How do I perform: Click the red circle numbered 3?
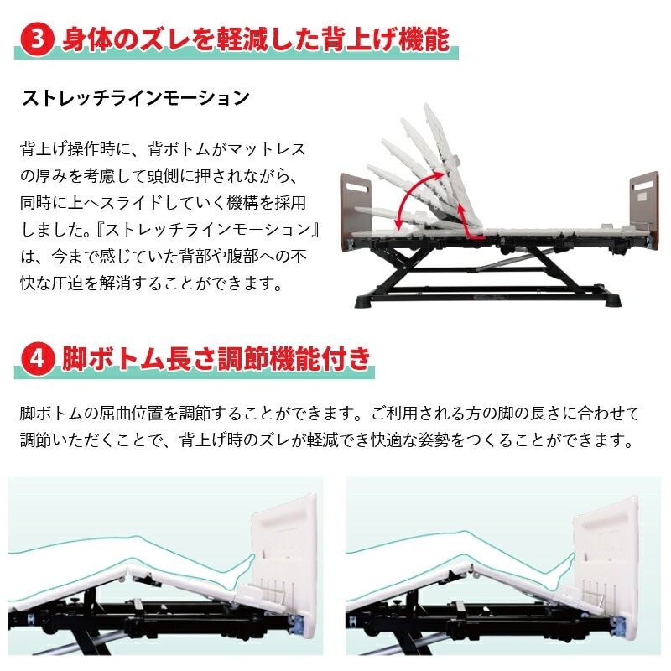click(38, 39)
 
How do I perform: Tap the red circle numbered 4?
click(38, 359)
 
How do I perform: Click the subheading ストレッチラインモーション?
click(136, 98)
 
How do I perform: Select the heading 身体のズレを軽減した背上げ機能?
click(256, 39)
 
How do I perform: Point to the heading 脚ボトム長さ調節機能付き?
click(216, 359)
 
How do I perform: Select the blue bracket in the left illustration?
click(299, 624)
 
